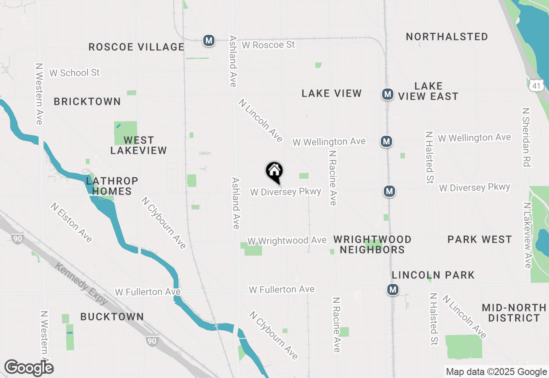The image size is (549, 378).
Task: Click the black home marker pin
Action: coord(274,172)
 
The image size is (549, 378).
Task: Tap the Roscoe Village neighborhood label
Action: coord(136,47)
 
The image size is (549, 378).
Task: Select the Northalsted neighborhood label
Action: coord(447,37)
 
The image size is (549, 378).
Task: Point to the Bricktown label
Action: coord(87,102)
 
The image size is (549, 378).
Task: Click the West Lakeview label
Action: coord(139,145)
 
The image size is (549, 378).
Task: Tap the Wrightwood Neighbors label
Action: coord(372,244)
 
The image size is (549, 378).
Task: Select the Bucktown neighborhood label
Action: coord(112,317)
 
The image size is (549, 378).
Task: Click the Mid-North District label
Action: coord(514,313)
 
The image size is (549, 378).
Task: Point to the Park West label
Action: coord(480,240)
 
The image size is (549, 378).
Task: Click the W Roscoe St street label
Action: coord(268,45)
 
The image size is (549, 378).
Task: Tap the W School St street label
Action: coord(74,73)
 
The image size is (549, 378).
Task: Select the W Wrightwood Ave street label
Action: coord(287,241)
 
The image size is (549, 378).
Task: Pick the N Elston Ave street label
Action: coord(71,223)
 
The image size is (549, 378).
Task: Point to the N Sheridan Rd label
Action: coord(526,137)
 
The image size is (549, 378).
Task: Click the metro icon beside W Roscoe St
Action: coord(209,41)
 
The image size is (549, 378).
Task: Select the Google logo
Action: coord(29,368)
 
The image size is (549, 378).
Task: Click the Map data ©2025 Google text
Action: coord(496,372)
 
